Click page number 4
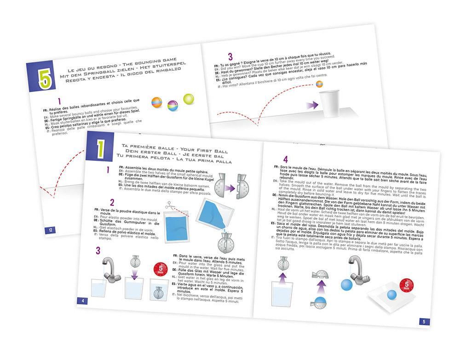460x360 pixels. (82, 301)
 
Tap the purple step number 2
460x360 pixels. (112, 203)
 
